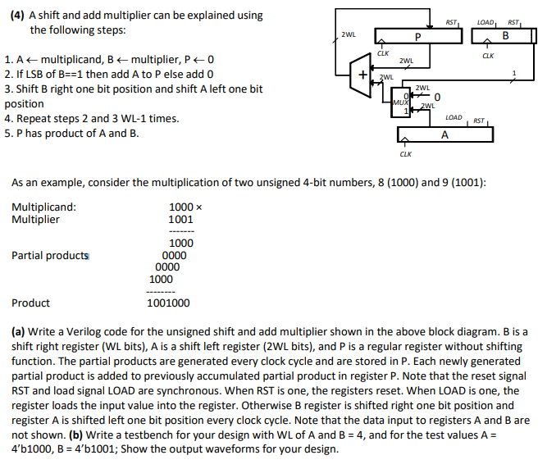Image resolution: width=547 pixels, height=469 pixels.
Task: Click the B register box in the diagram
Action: pos(505,37)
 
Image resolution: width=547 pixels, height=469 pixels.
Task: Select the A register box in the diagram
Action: pos(443,134)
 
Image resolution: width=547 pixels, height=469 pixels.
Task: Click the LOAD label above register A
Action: pos(453,118)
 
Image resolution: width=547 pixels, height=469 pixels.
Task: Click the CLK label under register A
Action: pos(405,153)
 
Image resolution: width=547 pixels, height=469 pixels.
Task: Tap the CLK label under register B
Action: pos(489,56)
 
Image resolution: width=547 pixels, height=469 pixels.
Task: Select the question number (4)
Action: pos(16,16)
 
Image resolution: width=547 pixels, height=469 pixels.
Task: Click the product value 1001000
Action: pos(168,303)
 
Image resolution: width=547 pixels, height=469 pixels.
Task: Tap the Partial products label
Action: pos(50,255)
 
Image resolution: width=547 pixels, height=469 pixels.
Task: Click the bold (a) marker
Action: pos(19,332)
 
